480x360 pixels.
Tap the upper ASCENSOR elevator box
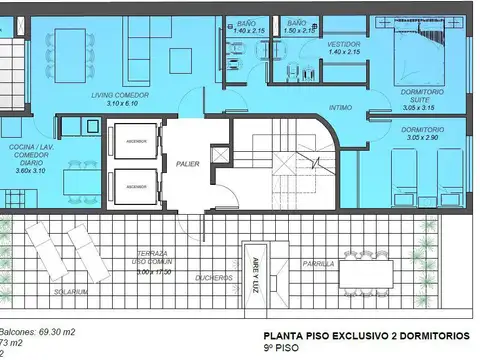135,143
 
